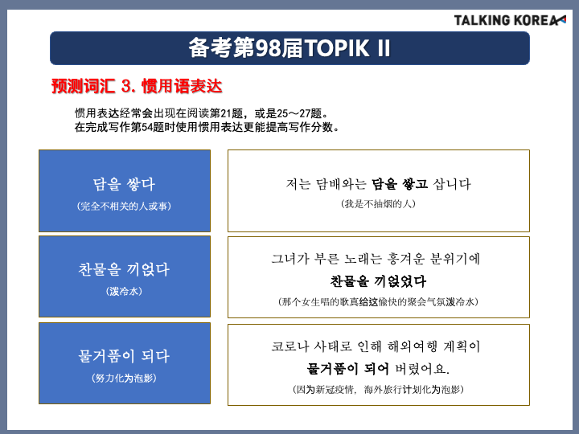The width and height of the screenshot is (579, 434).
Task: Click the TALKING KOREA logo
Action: click(510, 20)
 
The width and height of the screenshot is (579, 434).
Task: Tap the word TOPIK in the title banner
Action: click(336, 48)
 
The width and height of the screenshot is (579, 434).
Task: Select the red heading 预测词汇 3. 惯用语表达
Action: click(137, 86)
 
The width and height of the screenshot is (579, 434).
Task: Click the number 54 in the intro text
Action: click(147, 127)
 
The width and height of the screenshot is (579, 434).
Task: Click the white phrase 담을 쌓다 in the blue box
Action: click(124, 184)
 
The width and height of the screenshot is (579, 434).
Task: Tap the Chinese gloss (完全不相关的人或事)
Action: click(124, 206)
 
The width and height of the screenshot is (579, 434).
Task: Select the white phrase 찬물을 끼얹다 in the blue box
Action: click(124, 269)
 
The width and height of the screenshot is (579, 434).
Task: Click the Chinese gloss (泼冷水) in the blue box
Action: click(124, 291)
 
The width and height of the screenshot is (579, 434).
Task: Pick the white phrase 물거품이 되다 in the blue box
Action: click(124, 356)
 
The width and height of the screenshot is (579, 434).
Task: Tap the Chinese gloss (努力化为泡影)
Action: click(124, 378)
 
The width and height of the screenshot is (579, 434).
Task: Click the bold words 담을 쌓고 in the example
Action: click(400, 184)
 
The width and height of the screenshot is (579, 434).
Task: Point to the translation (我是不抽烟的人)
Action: click(379, 203)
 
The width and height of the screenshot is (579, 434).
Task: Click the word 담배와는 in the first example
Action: click(340, 184)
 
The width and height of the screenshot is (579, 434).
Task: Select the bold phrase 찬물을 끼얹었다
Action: click(379, 281)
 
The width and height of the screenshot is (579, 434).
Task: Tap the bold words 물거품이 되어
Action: click(347, 368)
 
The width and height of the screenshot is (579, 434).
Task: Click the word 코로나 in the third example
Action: click(289, 346)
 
